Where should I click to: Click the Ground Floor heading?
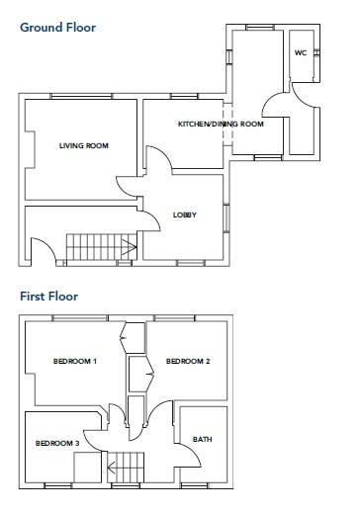point(58,28)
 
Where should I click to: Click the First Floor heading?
point(49,297)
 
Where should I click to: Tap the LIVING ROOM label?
point(84,145)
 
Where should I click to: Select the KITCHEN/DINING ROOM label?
point(221,124)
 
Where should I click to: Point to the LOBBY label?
point(185,214)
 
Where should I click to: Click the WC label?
point(301,52)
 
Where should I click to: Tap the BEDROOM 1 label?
point(75,361)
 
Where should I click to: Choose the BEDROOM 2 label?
point(188,361)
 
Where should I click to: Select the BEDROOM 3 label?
point(57,443)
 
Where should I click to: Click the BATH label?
point(203,439)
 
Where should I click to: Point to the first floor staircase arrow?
point(112,468)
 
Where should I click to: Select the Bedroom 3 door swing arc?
point(91,445)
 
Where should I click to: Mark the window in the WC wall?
point(316,52)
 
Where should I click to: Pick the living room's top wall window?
point(81,96)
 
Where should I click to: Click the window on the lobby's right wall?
point(226,217)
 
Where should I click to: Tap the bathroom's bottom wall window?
point(195,485)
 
